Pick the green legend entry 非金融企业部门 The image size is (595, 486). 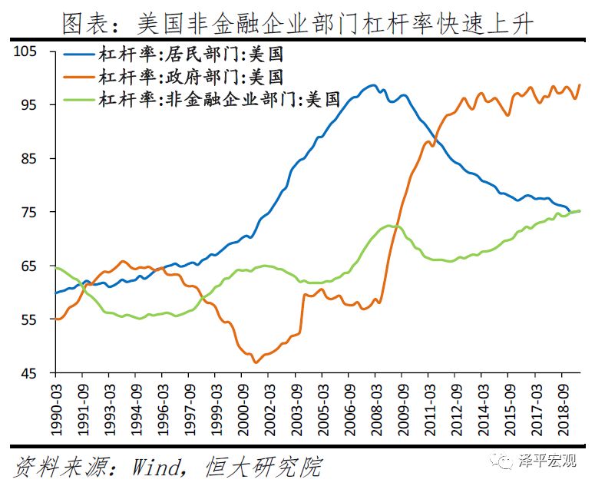(x=217, y=98)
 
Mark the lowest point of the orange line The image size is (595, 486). (x=254, y=362)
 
